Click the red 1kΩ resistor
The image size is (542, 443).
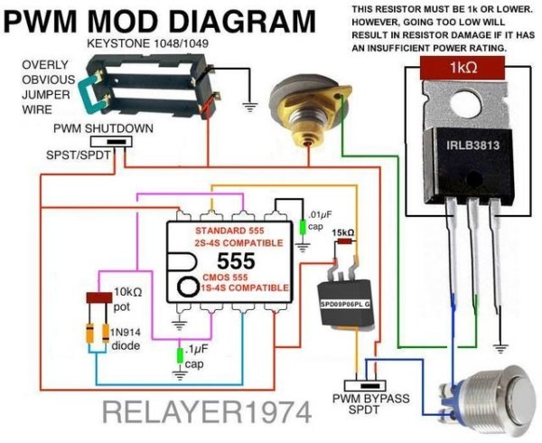[x=463, y=68]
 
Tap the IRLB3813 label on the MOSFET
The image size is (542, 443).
[x=472, y=145]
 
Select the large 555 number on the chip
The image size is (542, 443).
[x=236, y=261]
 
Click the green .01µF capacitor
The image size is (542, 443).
[x=303, y=227]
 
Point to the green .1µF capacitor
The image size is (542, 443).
[x=180, y=355]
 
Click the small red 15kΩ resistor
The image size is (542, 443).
[x=344, y=241]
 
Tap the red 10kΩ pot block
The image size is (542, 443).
[x=99, y=297]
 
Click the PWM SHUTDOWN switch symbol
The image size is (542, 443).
[x=111, y=142]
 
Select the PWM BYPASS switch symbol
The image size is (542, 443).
[x=365, y=386]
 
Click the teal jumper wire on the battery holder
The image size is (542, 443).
[x=89, y=94]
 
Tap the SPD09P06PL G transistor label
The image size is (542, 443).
[x=345, y=305]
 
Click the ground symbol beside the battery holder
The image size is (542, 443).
[x=249, y=107]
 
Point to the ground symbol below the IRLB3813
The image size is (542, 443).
[x=500, y=348]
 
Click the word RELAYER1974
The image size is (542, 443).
[x=207, y=412]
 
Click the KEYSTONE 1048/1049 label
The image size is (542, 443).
[x=148, y=44]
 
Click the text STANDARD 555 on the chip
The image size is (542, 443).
[x=229, y=231]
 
